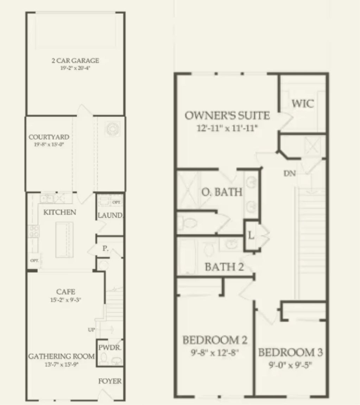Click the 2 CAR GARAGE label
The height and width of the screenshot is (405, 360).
(x=75, y=61)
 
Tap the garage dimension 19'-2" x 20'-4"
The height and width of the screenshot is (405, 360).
(x=75, y=68)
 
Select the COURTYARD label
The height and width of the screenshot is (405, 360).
(x=44, y=137)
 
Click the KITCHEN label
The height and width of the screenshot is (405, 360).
(x=59, y=212)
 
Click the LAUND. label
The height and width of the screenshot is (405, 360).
(x=110, y=215)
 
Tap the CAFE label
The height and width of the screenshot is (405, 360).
(x=65, y=292)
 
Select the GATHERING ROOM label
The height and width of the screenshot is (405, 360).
(x=62, y=356)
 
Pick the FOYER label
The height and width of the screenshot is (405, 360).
(x=110, y=381)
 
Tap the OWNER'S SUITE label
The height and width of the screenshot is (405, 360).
(x=227, y=115)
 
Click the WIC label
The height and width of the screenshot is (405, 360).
(x=303, y=104)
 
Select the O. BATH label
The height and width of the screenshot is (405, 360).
(x=222, y=192)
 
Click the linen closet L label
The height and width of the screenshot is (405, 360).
(x=251, y=236)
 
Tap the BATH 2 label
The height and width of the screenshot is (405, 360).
(x=224, y=267)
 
